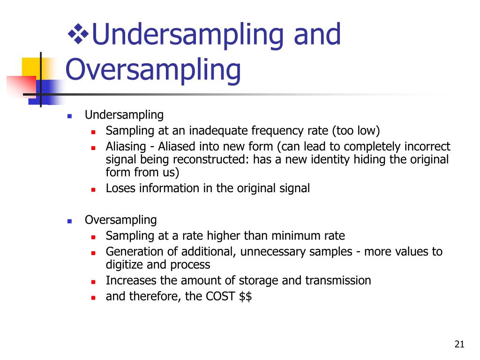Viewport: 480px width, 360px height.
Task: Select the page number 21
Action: (459, 345)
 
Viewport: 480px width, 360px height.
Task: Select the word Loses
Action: (120, 188)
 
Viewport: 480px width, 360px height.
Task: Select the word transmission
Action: (338, 281)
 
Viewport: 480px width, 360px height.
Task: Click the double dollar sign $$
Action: (245, 297)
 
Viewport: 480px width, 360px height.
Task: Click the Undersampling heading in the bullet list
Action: (124, 115)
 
